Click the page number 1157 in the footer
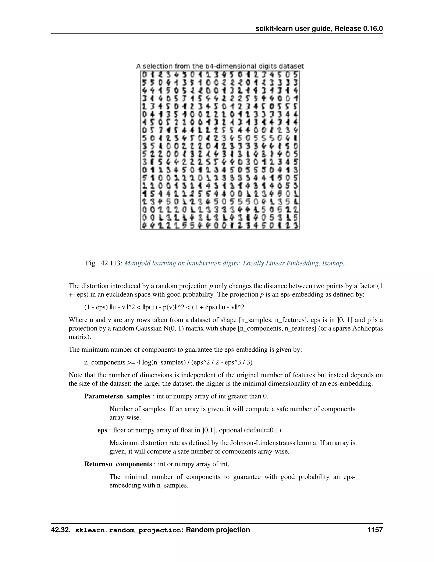pos(375,530)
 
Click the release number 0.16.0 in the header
pos(373,29)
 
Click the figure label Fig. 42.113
pos(104,263)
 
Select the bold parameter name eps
pos(102,430)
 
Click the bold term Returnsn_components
pos(118,464)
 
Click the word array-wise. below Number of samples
pos(125,417)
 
